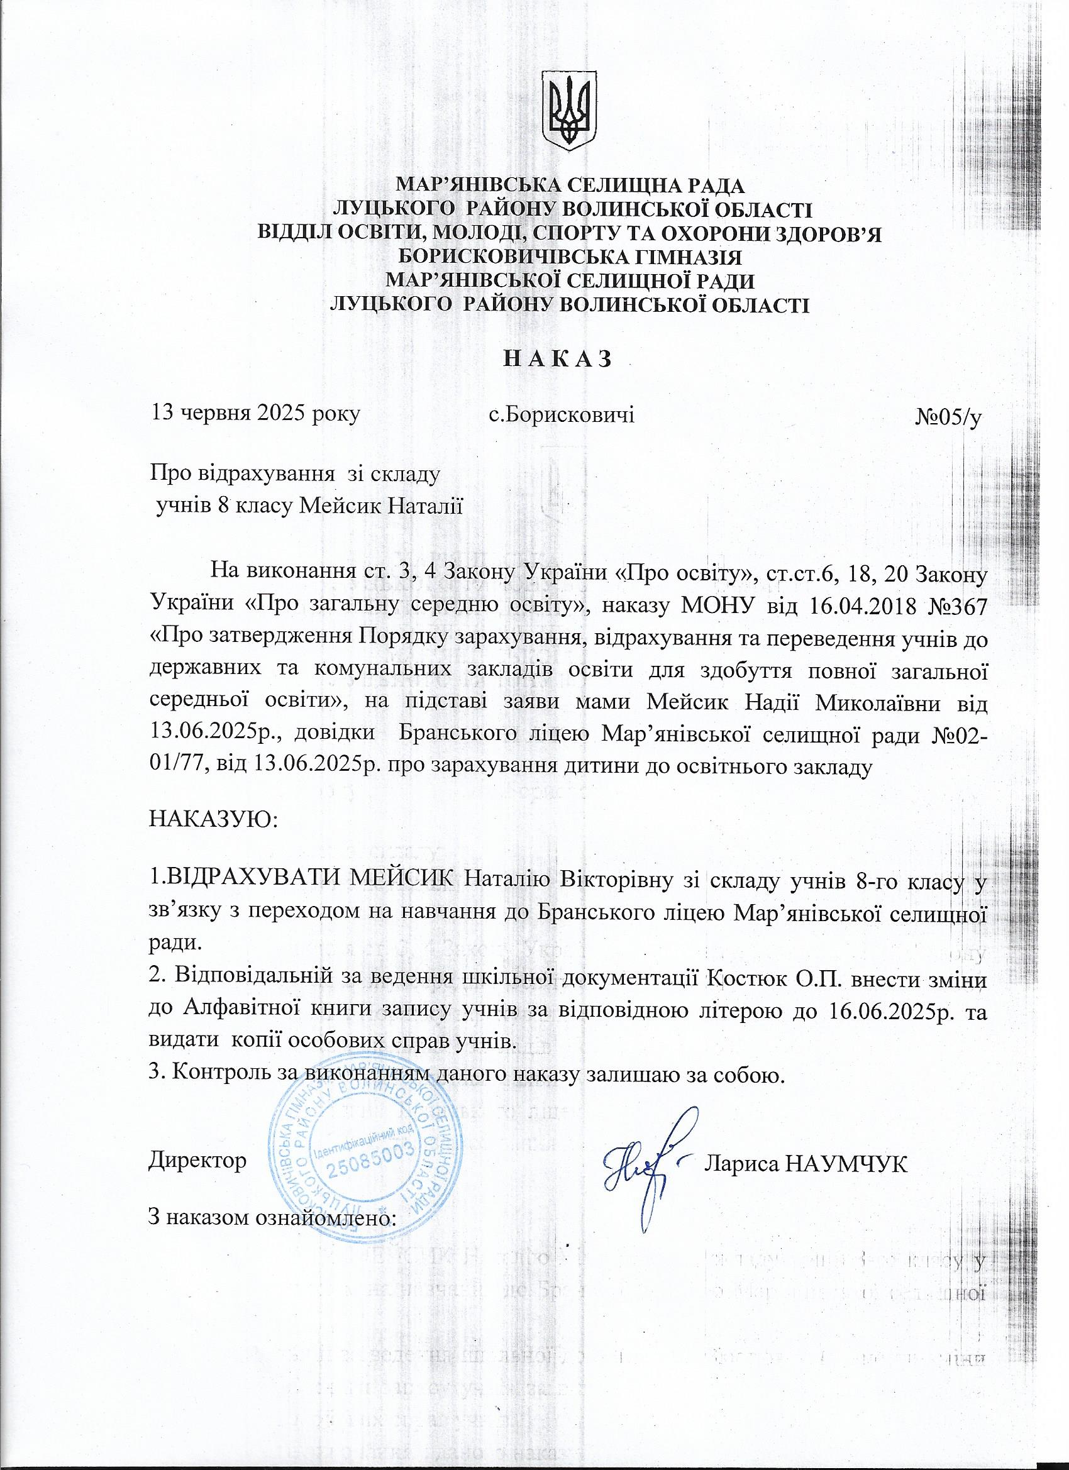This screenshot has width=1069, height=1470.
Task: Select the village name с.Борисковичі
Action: tap(562, 413)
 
